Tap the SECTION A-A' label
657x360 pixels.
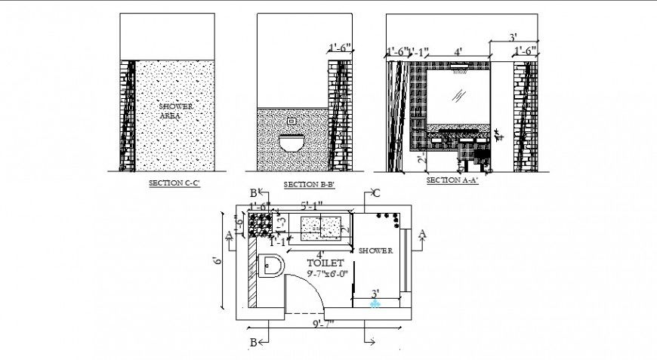[x=452, y=180]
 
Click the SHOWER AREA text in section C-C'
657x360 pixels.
[x=175, y=110]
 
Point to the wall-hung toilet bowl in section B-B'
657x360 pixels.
[x=291, y=143]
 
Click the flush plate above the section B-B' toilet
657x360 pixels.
[x=293, y=120]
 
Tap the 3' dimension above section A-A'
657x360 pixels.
[x=512, y=36]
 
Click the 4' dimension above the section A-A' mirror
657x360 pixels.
[x=458, y=52]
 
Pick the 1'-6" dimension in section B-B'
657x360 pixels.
[x=340, y=48]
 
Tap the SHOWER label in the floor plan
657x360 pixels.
[x=376, y=251]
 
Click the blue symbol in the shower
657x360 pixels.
[x=375, y=304]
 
